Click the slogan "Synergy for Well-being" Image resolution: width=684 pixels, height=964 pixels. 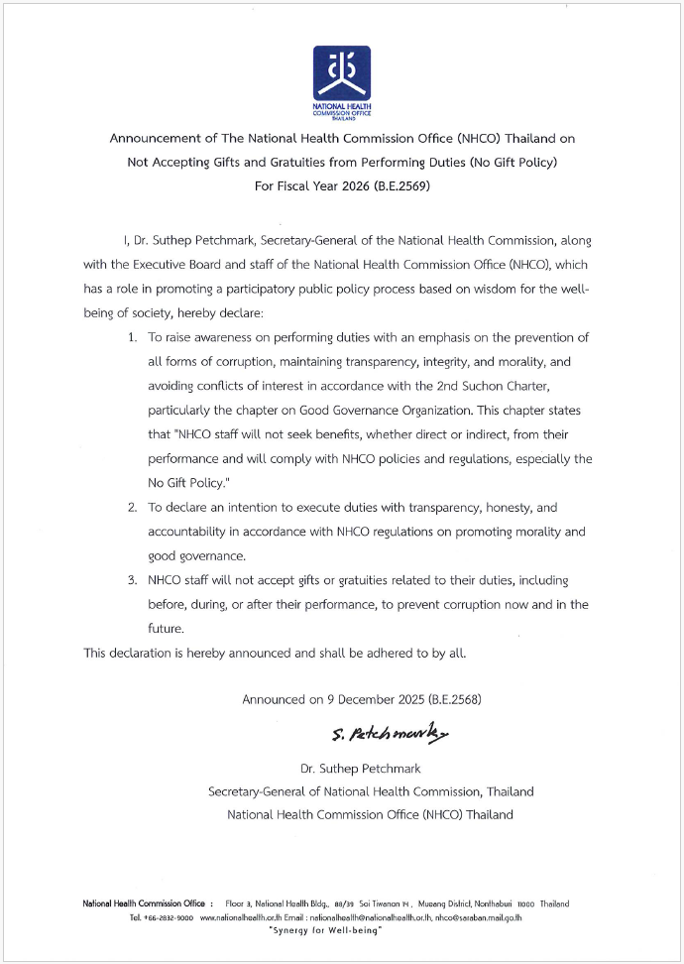[326, 930]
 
